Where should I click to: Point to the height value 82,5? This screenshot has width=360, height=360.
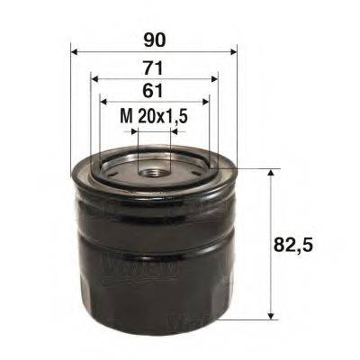pos(303,243)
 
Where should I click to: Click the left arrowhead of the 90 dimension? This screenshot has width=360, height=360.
pos(75,50)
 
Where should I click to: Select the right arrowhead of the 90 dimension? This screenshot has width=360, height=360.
pos(229,50)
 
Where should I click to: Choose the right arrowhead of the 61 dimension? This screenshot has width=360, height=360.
pos(204,102)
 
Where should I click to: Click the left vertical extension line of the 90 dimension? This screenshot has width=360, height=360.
pos(70,108)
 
